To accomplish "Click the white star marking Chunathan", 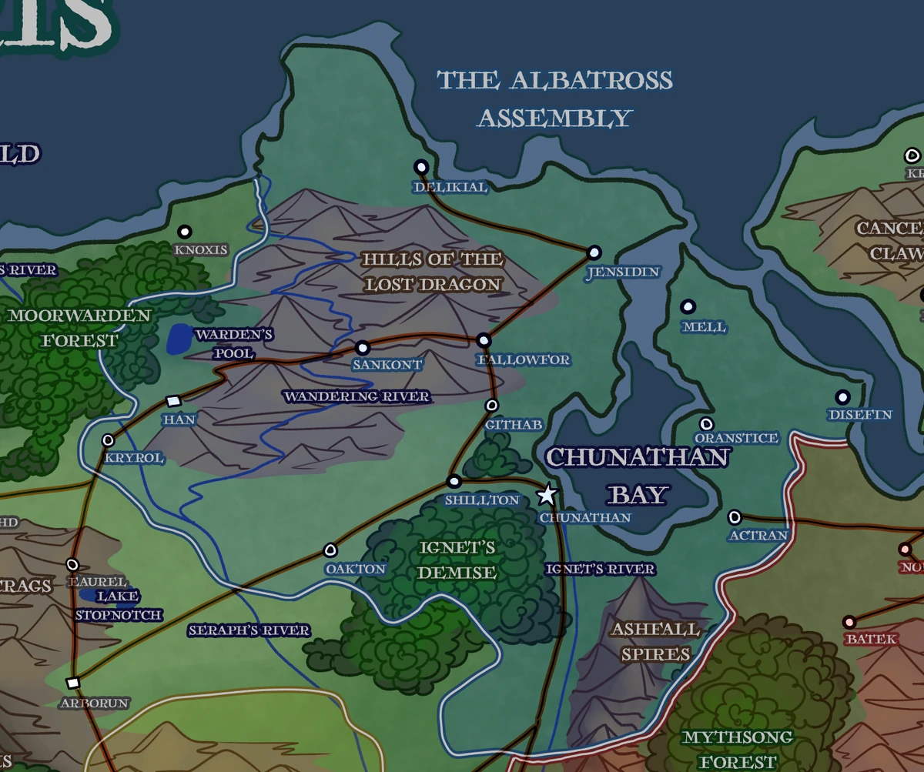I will click(547, 494).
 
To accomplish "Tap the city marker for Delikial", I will click(421, 166).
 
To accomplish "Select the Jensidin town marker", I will click(594, 252).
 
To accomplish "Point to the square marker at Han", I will click(173, 401).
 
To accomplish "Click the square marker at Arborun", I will click(73, 683).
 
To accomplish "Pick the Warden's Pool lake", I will click(179, 339).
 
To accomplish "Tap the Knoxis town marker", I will click(185, 232).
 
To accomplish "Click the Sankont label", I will click(387, 365).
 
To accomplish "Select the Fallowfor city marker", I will click(484, 340).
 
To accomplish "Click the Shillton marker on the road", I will click(454, 481).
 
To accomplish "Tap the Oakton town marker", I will click(331, 550).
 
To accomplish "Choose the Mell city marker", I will click(688, 306).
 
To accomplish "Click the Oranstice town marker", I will click(706, 424).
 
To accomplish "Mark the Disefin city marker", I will click(843, 397).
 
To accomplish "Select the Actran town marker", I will click(735, 516).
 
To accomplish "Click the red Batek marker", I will click(850, 622).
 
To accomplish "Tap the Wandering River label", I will click(357, 396).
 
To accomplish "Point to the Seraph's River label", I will click(249, 630).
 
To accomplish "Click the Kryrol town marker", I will click(109, 439).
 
